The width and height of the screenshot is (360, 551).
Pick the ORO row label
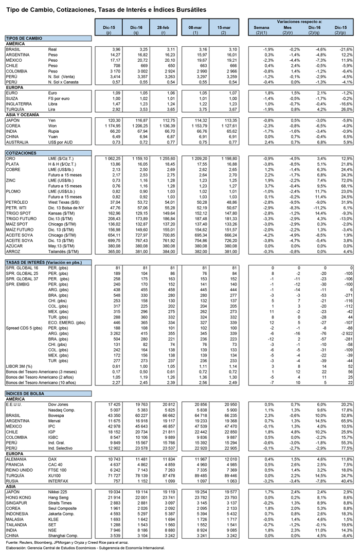10,158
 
